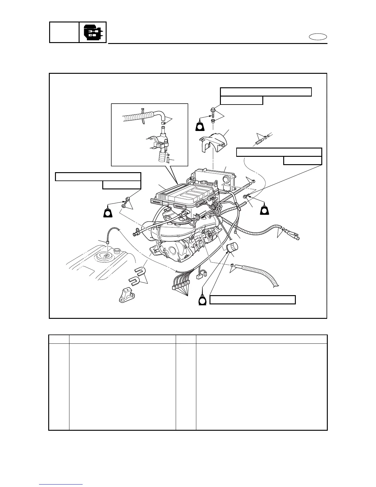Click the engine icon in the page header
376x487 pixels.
[x=93, y=32]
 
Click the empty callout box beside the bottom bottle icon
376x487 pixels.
[x=253, y=300]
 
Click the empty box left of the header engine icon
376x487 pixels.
[x=64, y=32]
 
